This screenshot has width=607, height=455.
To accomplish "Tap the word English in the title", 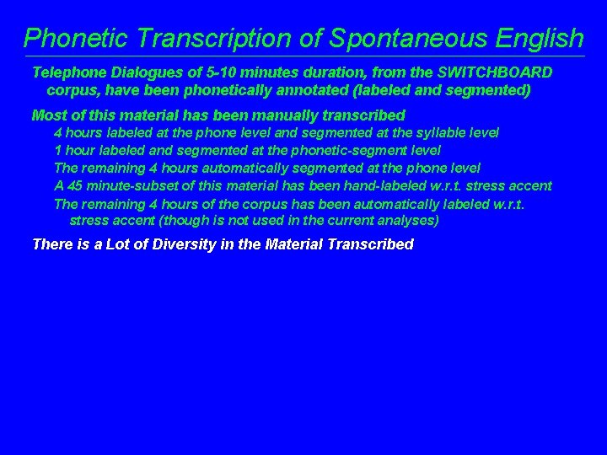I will tap(536, 38).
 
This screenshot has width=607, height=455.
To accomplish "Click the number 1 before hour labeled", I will tap(57, 150).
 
